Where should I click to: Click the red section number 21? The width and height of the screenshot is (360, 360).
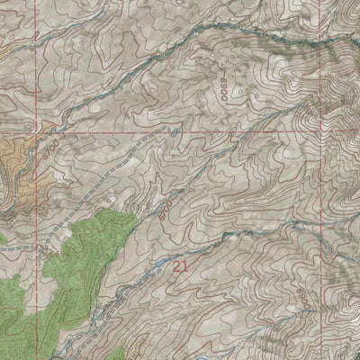point(180,265)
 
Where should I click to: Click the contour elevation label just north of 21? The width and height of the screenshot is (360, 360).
point(165,211)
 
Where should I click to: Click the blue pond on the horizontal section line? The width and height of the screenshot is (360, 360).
point(174,131)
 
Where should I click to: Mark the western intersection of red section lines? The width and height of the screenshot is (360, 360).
point(39,130)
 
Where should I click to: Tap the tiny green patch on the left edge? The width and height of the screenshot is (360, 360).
point(3,238)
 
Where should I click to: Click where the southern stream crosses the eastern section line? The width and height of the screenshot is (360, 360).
point(320,245)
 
